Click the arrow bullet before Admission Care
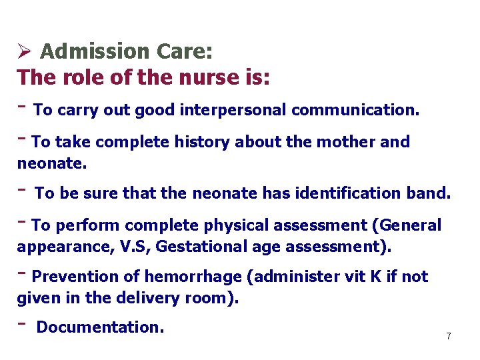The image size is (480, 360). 25,51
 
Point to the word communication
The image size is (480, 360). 355,110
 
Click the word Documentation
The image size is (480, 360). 100,327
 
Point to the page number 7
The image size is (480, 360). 449,337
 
